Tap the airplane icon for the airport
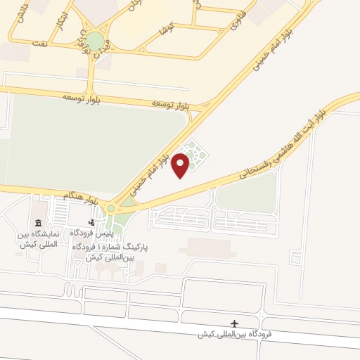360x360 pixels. click(x=235, y=323)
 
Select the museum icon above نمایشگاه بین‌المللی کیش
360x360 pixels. click(x=37, y=224)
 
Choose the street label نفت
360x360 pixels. click(x=41, y=43)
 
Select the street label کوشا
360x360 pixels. click(x=167, y=29)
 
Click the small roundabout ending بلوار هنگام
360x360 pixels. click(x=111, y=208)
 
